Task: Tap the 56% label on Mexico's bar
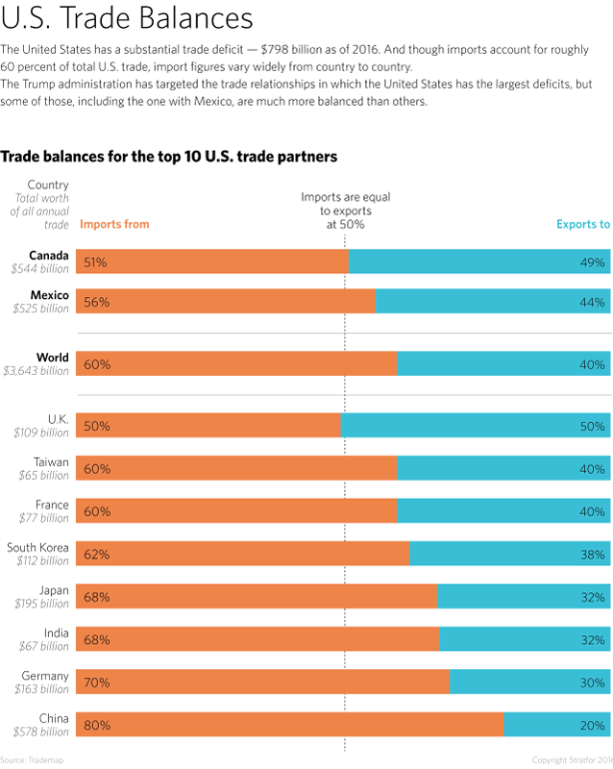[97, 302]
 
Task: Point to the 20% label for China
[592, 725]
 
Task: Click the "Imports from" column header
[114, 224]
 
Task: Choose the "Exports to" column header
[583, 224]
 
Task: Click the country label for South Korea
[38, 548]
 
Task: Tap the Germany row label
[45, 676]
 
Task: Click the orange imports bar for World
[240, 364]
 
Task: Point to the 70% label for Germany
[97, 682]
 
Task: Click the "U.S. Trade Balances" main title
[127, 19]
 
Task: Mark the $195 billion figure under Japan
[41, 604]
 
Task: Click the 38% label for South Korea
[592, 555]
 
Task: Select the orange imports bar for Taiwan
[240, 468]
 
